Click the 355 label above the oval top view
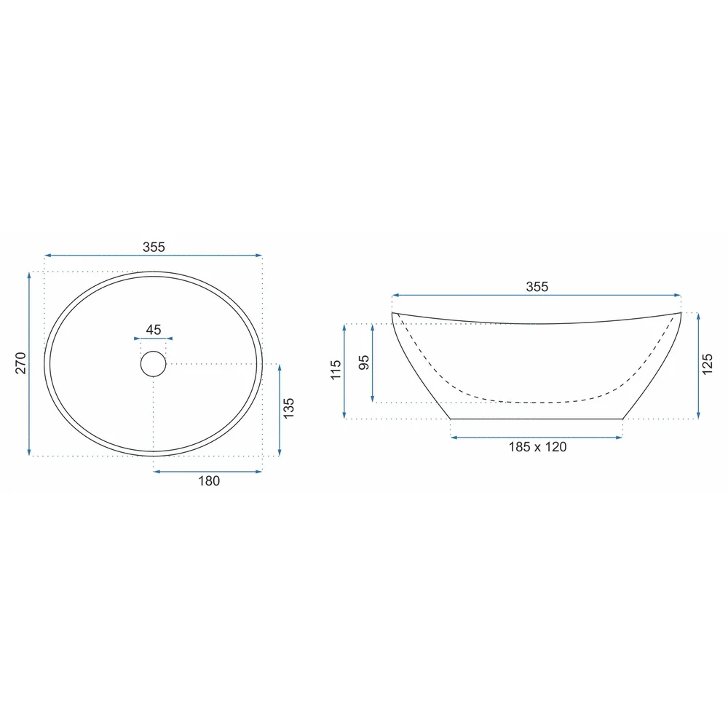154,247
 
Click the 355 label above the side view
537,286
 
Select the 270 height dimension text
21,363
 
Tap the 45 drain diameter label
153,330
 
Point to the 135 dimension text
288,408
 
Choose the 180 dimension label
209,481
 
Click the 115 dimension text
336,370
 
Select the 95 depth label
365,362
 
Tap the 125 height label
707,364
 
